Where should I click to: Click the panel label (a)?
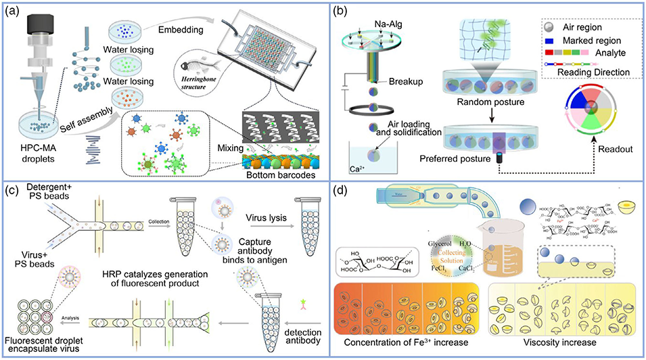coord(15,12)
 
